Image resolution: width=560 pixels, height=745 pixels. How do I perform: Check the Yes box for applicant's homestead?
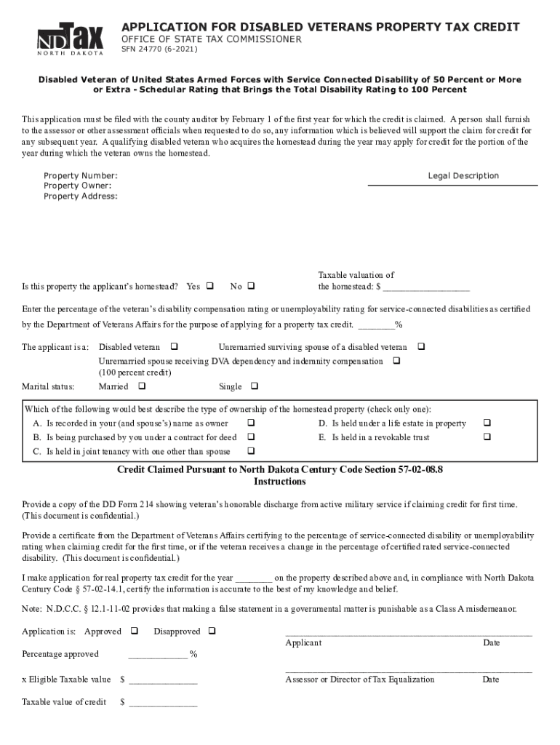210,286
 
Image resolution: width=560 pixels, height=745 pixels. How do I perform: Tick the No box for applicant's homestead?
252,286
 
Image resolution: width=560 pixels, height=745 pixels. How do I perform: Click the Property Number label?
80,176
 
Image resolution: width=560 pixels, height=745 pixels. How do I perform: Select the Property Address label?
80,196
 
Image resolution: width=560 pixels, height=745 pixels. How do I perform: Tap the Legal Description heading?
463,176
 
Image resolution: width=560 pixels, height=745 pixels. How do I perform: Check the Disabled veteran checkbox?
174,347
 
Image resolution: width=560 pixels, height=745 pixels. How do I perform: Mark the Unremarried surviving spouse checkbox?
420,347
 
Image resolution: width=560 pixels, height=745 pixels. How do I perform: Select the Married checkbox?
141,386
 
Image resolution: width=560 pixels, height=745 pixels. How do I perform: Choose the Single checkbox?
254,386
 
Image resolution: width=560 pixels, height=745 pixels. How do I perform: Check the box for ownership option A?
251,423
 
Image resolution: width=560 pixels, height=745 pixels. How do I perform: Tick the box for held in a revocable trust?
487,437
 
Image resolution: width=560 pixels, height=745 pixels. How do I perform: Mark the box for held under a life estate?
487,423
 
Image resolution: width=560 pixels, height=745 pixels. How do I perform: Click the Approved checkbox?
134,631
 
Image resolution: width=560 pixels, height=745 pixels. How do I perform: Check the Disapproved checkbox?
212,631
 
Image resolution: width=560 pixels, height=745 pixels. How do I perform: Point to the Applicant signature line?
408,633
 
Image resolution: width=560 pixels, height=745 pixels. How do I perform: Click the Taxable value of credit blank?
163,704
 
